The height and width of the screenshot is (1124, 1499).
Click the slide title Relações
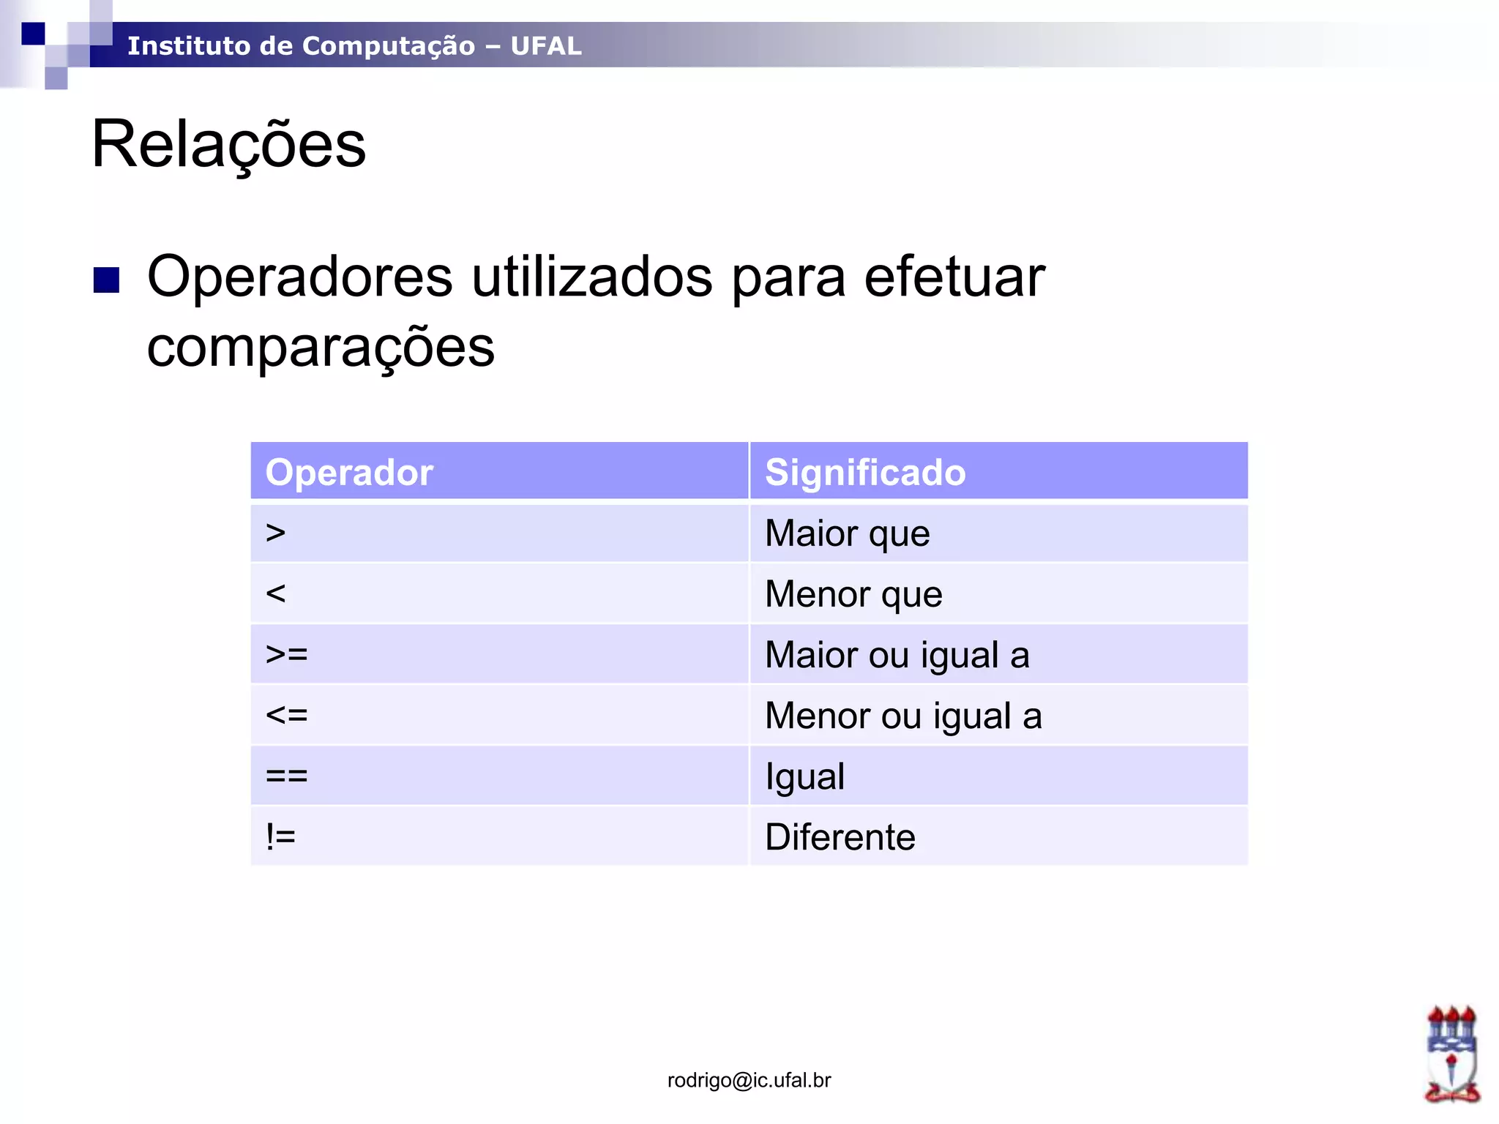point(228,144)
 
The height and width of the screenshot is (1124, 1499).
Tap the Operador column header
point(349,472)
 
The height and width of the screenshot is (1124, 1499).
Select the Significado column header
point(865,472)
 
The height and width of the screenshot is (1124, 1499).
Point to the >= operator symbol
point(287,654)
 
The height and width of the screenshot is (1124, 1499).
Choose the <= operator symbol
point(287,715)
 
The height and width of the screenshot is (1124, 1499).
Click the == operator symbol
point(287,776)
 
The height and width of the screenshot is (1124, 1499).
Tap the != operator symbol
point(281,836)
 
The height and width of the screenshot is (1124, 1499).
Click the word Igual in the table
point(805,776)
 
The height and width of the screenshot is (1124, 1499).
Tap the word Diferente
point(840,836)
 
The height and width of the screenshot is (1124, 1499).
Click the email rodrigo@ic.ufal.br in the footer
point(749,1080)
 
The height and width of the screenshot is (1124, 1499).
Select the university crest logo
point(1451,1054)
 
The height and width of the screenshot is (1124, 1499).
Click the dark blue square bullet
point(107,280)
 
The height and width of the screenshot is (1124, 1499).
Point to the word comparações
point(321,347)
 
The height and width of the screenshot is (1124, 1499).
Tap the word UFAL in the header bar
point(546,46)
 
